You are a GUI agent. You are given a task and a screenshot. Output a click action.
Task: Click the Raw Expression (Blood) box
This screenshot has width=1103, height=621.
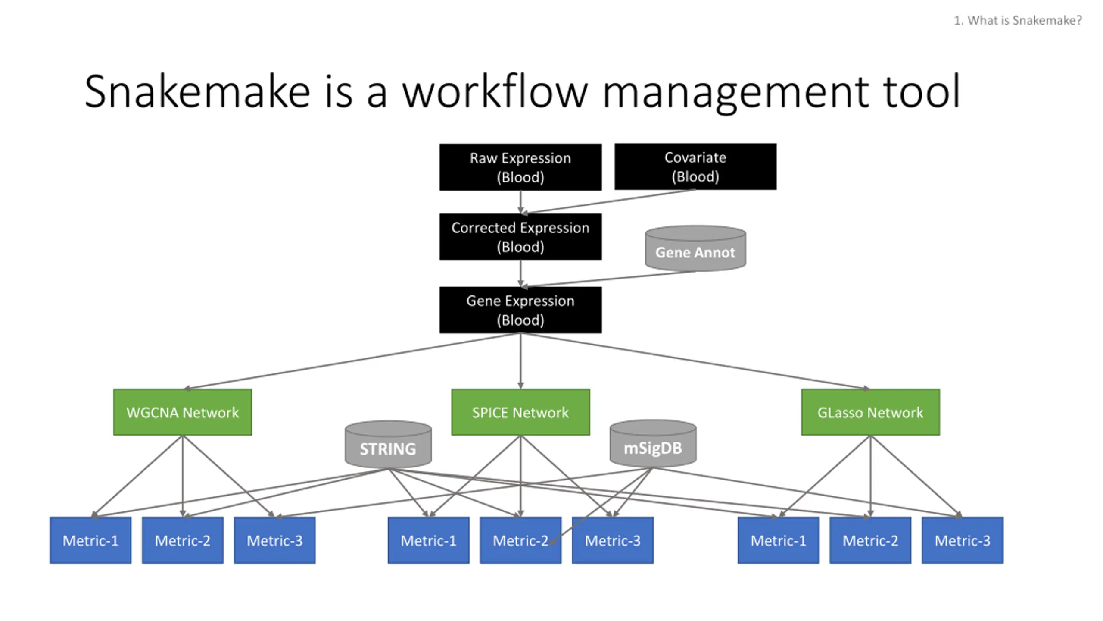pos(520,167)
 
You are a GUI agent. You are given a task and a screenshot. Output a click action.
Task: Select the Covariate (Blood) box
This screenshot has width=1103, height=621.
pos(695,167)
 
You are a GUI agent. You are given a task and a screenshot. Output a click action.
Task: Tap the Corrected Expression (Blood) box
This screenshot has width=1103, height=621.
pos(520,237)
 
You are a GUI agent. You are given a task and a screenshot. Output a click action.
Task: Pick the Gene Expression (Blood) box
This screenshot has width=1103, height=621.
pos(520,310)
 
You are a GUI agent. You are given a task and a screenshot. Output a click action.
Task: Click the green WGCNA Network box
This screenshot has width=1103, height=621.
pos(182,412)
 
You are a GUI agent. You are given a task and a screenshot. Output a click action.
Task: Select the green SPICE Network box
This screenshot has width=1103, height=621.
pos(520,412)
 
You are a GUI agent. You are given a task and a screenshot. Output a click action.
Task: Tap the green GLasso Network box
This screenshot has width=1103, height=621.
pos(870,412)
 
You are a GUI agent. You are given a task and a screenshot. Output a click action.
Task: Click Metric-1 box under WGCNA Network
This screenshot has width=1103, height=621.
pos(90,540)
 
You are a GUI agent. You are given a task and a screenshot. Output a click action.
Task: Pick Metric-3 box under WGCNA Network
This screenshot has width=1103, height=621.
pos(274,540)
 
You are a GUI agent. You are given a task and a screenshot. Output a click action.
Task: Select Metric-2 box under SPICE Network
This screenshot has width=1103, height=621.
pos(520,540)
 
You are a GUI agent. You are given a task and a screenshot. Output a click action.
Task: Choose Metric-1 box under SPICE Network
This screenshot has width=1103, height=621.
pos(428,540)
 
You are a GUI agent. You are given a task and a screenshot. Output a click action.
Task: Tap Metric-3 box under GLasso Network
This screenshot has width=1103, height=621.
pos(963,540)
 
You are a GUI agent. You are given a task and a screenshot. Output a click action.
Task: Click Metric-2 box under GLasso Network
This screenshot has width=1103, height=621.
pos(870,540)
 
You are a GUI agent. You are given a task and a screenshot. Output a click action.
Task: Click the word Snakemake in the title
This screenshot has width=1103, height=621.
pos(197,91)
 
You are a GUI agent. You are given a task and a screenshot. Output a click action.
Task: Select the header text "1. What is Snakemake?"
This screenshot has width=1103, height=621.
pos(1018,20)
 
